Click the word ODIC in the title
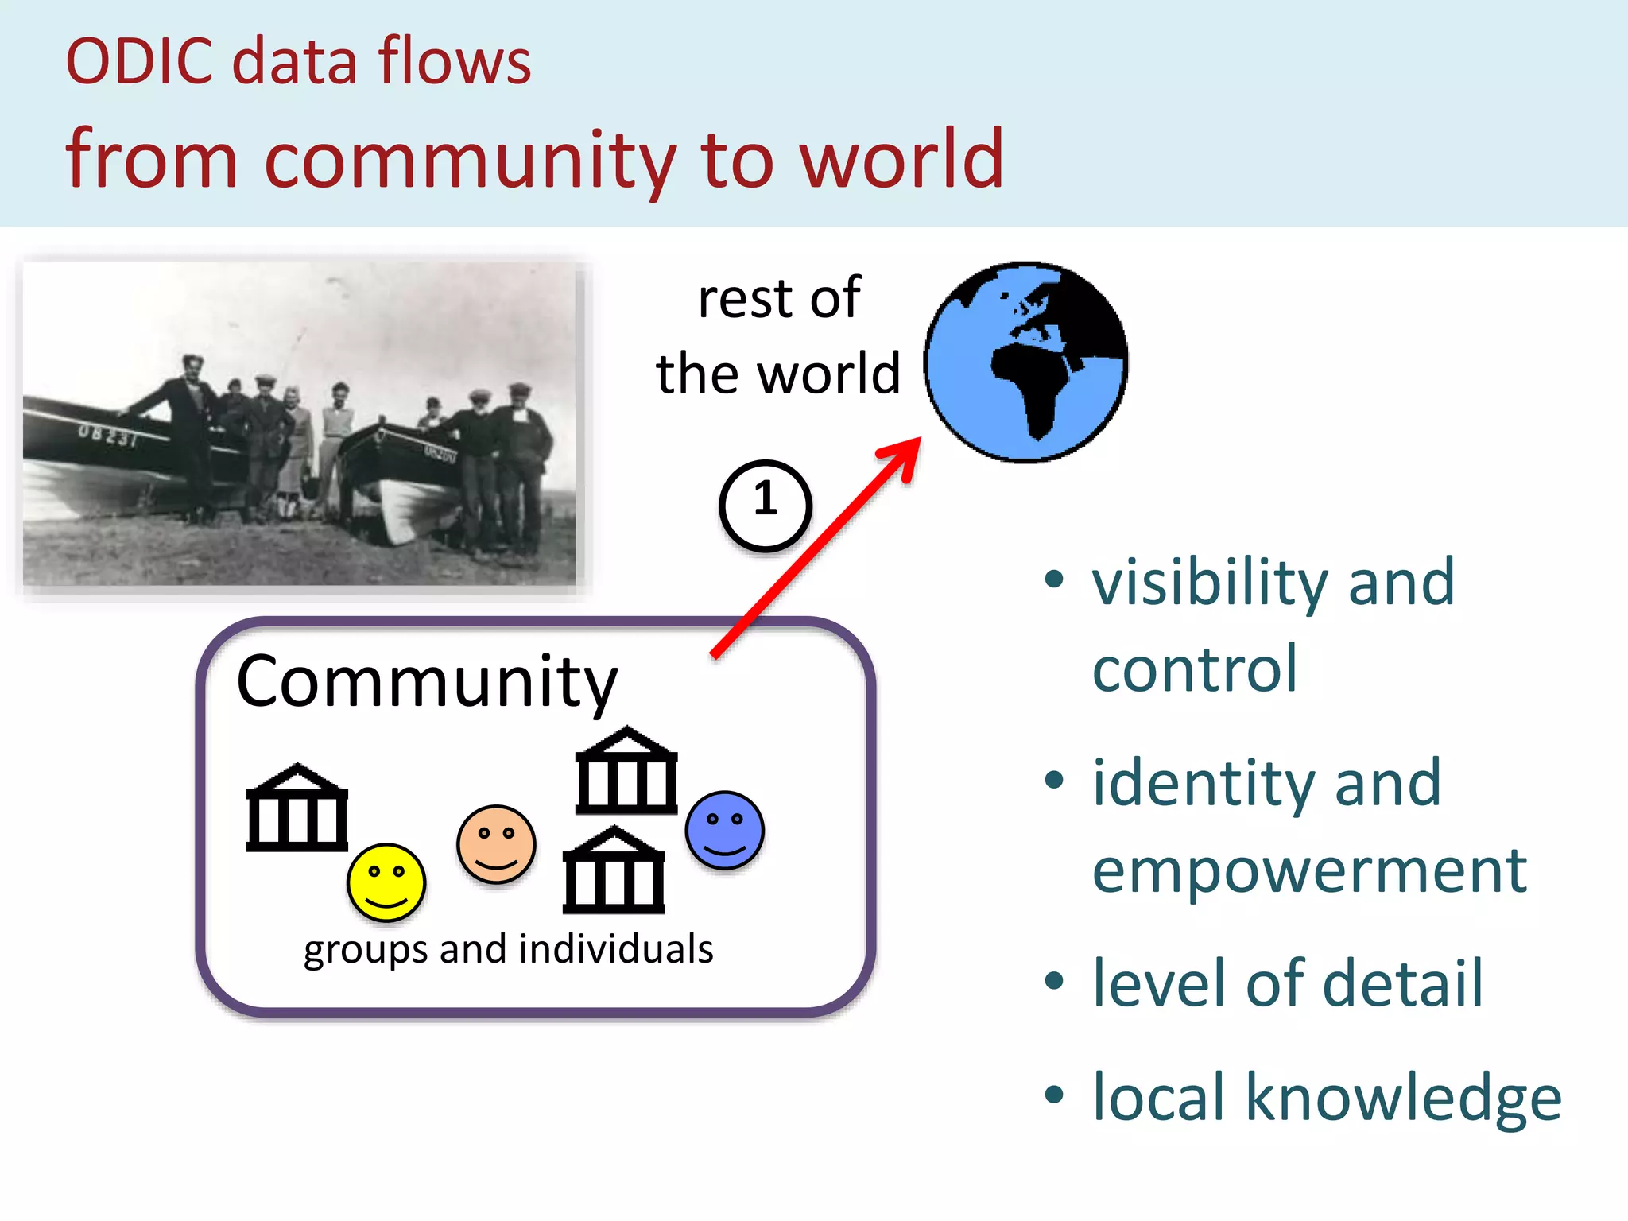click(139, 61)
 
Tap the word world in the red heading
click(901, 159)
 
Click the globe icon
click(1025, 362)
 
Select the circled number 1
click(765, 506)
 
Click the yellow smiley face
click(386, 882)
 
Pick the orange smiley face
click(496, 844)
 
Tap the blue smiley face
click(724, 829)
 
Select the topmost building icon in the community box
click(626, 770)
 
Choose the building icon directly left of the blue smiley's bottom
click(613, 870)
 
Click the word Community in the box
click(427, 682)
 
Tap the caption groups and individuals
click(508, 949)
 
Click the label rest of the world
click(778, 335)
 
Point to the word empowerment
click(1309, 870)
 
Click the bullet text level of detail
click(1288, 983)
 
